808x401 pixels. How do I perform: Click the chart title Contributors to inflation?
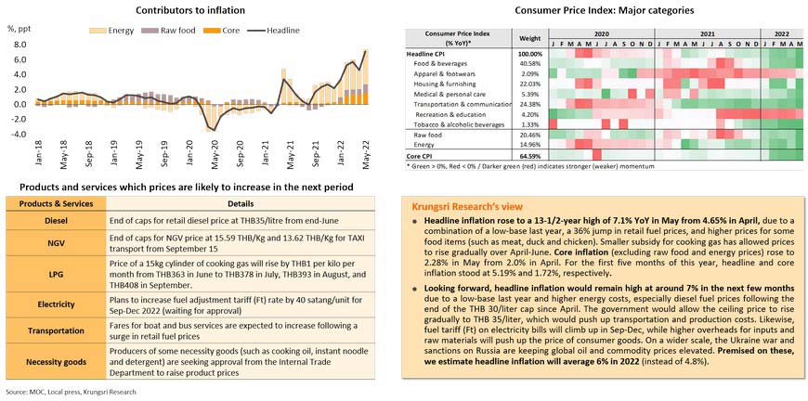[190, 10]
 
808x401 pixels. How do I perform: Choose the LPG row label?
[48, 276]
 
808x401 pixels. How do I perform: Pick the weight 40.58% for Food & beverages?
[529, 63]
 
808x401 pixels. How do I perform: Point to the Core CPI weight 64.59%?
[529, 155]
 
